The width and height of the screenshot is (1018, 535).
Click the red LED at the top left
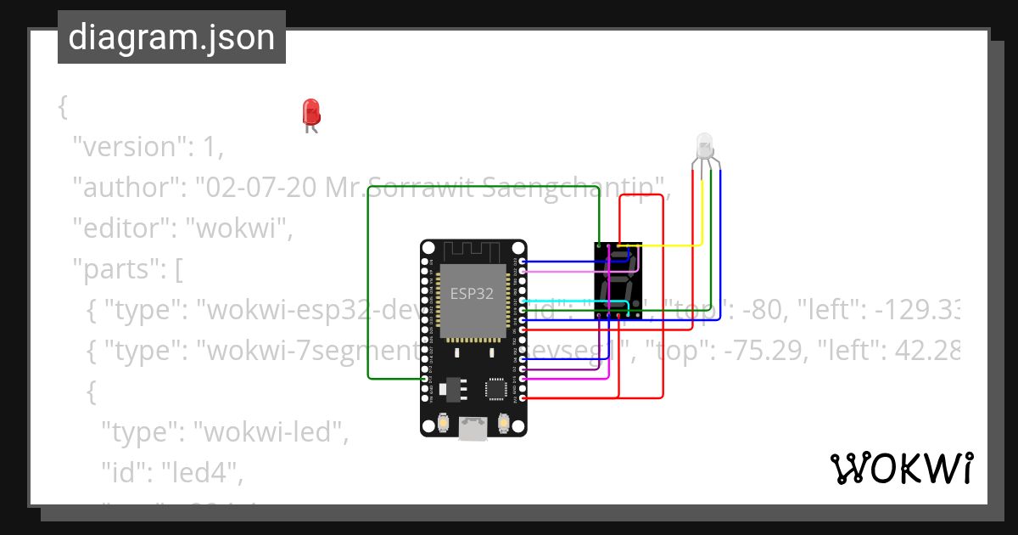tap(311, 112)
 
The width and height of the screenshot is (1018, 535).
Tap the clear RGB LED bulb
tap(704, 146)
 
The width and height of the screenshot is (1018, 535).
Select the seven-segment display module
tap(618, 281)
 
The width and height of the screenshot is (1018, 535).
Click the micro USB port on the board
tap(473, 429)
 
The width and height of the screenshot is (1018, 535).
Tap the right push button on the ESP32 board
tap(504, 422)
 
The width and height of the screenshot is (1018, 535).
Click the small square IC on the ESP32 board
tap(495, 389)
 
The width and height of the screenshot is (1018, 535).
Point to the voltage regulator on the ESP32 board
tap(447, 388)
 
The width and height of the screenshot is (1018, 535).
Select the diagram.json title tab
tap(171, 37)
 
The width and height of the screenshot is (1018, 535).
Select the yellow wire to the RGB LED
tap(670, 245)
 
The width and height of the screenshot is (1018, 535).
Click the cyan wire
tap(556, 301)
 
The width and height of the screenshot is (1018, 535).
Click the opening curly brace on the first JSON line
tap(62, 106)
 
